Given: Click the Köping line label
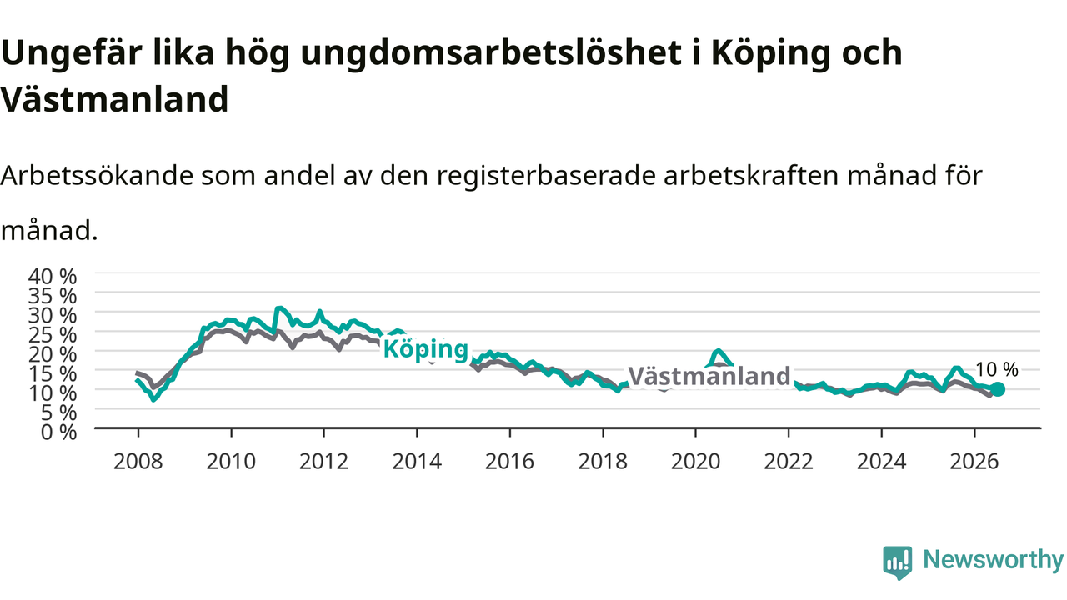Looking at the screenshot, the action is click(425, 349).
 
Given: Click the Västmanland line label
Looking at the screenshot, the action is click(709, 376).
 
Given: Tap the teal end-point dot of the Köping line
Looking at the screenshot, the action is click(997, 389).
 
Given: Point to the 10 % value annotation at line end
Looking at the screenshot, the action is click(996, 369).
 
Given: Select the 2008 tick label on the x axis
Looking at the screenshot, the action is click(138, 462).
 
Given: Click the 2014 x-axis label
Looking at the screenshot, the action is click(417, 462).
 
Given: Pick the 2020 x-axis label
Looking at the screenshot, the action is click(695, 462).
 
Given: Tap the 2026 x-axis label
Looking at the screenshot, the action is click(974, 462).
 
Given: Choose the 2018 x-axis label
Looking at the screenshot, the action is click(603, 462).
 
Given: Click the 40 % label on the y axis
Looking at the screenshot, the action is click(53, 277).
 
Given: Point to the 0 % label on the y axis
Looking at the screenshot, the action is click(58, 432).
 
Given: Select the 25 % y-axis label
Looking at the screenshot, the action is click(53, 335).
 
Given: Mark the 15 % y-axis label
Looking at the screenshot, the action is click(53, 374).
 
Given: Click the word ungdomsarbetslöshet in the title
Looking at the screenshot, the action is click(491, 53).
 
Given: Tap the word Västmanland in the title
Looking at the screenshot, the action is click(114, 99).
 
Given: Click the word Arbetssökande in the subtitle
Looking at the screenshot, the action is click(98, 175).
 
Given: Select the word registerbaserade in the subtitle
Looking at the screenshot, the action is click(546, 176).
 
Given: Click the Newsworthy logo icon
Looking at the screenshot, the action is click(898, 562).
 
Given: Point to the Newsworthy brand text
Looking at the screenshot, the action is click(994, 560).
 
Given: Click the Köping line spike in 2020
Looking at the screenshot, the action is click(719, 352).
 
